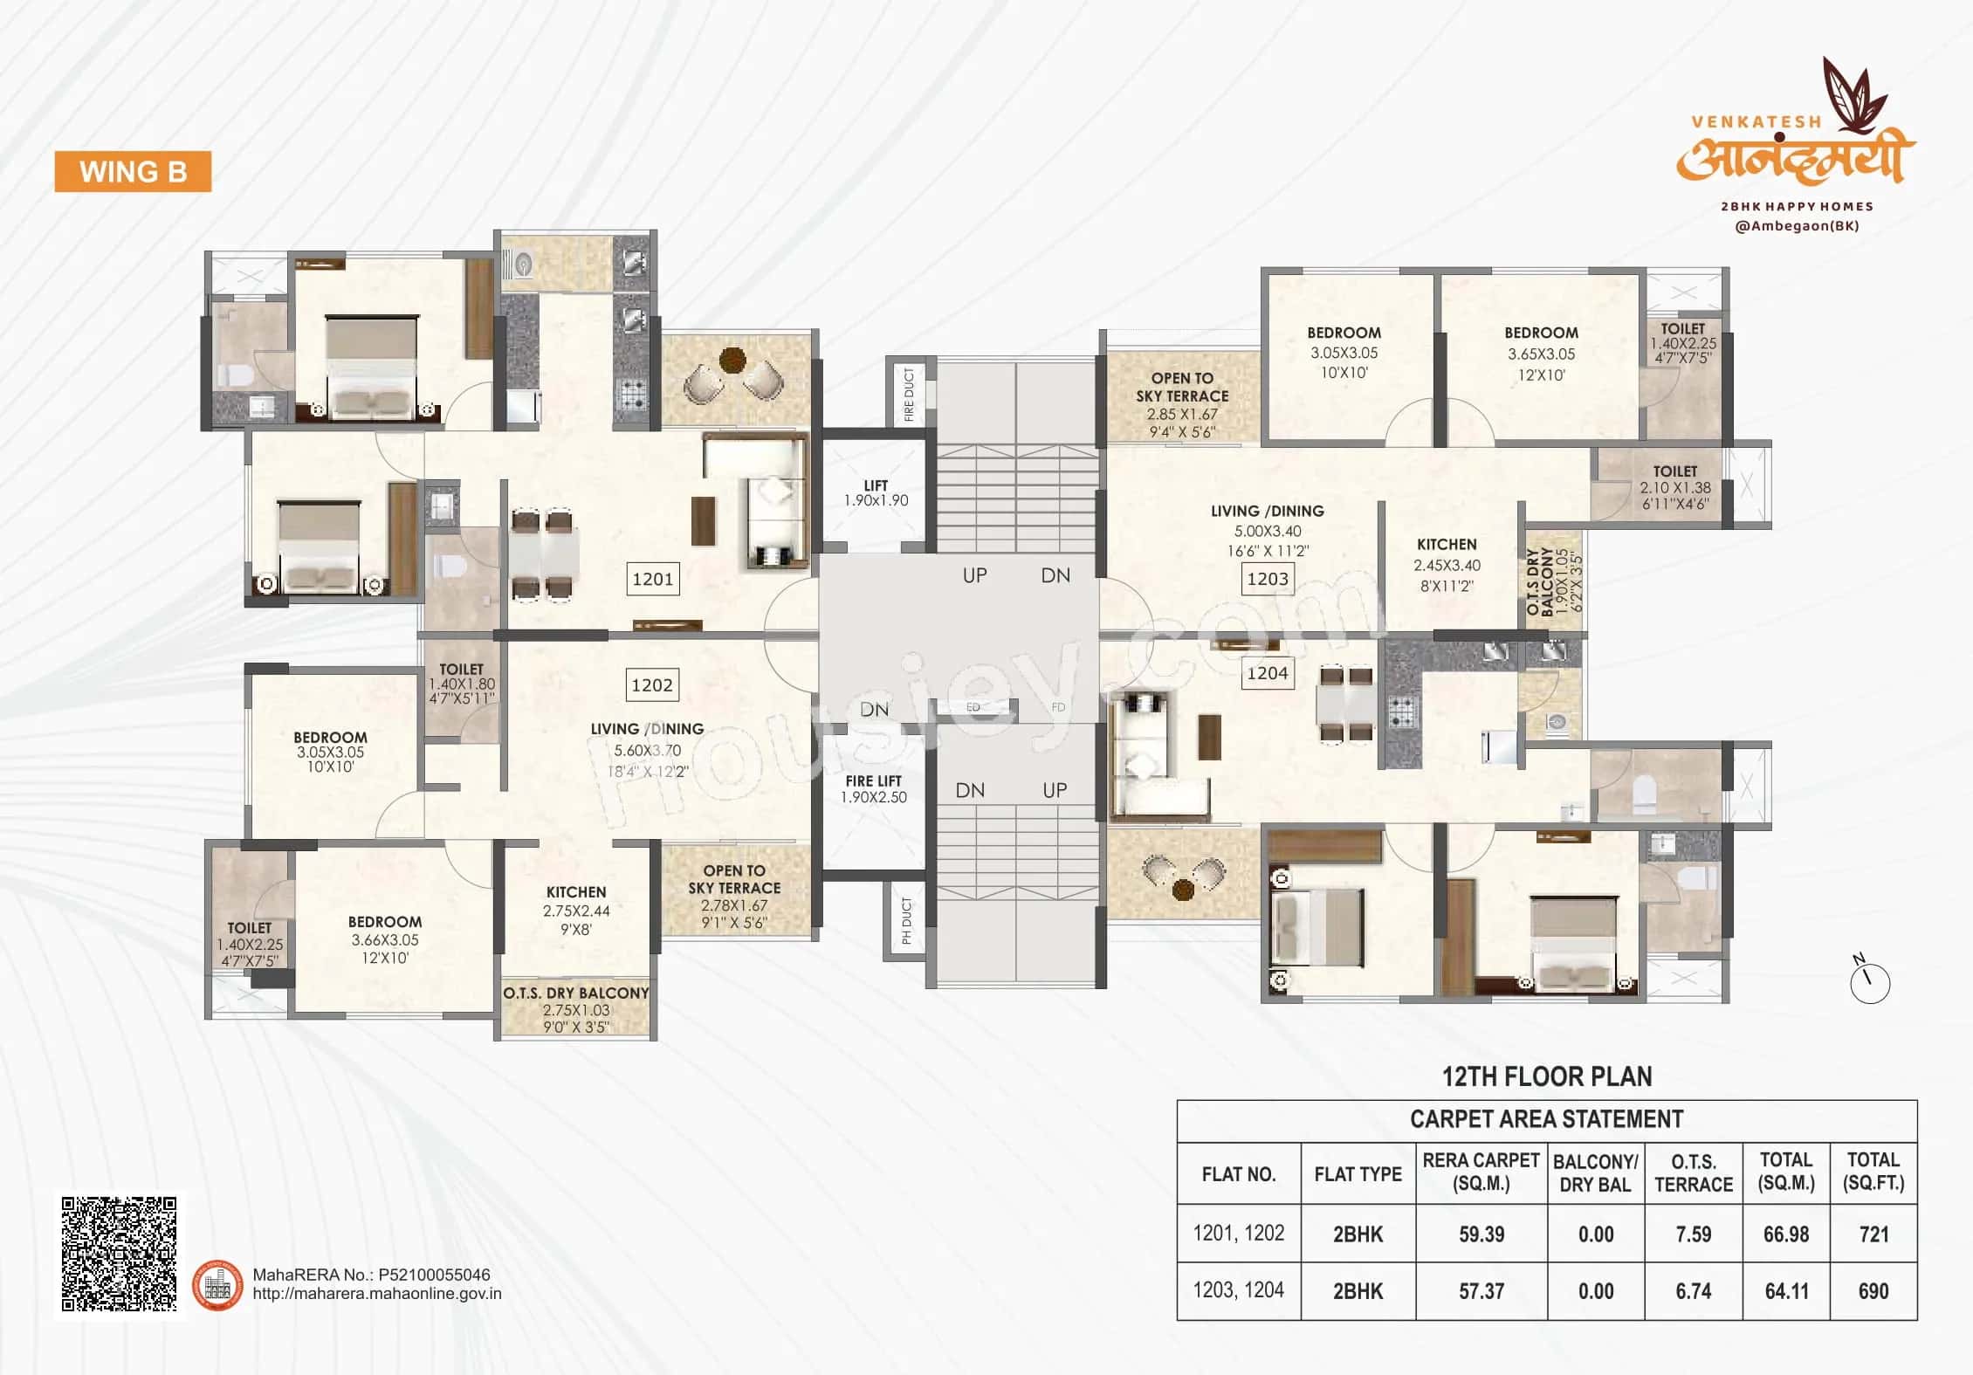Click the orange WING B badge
click(133, 171)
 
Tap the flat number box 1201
click(652, 579)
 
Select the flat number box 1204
click(1268, 673)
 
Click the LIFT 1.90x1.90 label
click(876, 493)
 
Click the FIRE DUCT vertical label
click(909, 394)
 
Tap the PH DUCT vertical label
click(906, 921)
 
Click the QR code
click(120, 1254)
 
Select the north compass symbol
click(1869, 981)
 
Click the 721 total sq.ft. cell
click(1873, 1234)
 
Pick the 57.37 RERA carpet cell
click(1481, 1291)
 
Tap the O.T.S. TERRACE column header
click(1693, 1173)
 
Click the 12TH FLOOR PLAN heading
click(1547, 1076)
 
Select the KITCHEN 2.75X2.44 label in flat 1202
click(576, 911)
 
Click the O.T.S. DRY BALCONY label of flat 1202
click(576, 1010)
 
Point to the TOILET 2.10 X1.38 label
click(1674, 487)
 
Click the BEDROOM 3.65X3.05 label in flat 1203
click(1541, 354)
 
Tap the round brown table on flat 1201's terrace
click(732, 359)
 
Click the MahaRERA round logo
click(217, 1284)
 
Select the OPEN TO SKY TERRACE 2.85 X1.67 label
click(1182, 404)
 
